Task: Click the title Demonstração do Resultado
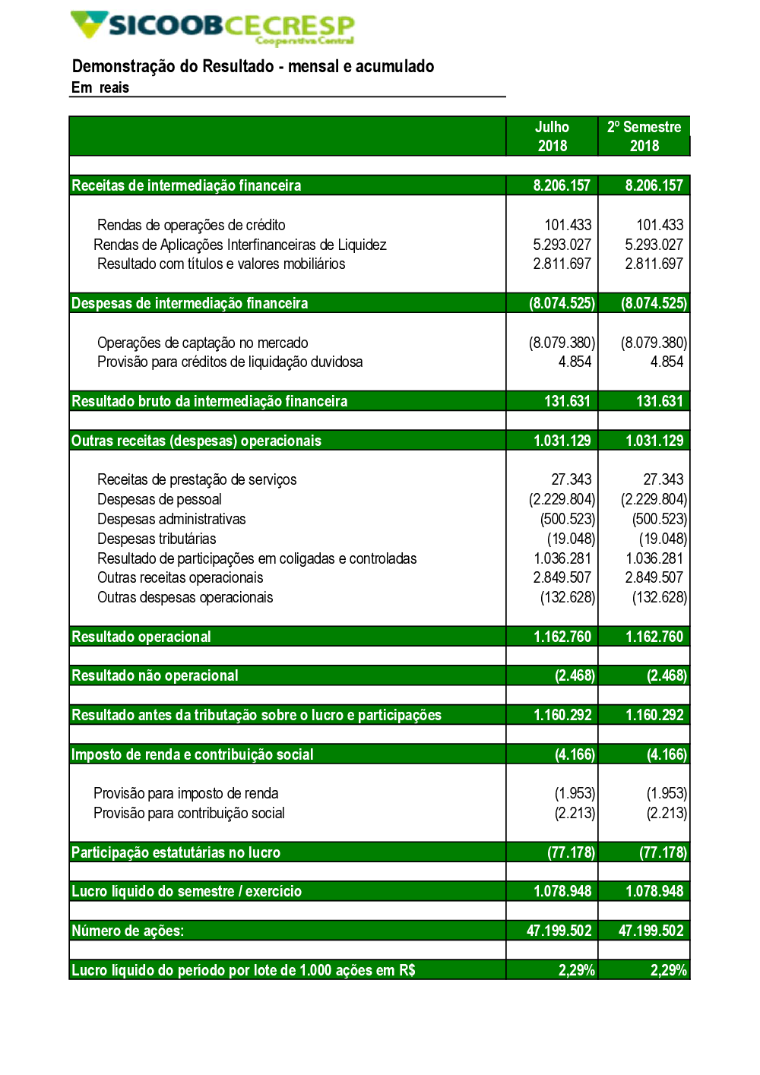252,67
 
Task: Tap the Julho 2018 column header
552,137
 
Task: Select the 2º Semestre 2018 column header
644,137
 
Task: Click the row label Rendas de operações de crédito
192,225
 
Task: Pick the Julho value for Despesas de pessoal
562,500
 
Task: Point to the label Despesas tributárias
157,539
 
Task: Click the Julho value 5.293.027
562,245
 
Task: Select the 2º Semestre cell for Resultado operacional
654,637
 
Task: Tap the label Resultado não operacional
155,676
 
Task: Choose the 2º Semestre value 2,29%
668,970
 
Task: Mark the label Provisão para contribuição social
189,813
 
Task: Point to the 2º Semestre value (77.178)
662,852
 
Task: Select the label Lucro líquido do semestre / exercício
187,891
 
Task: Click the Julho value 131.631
567,401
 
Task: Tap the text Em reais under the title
100,88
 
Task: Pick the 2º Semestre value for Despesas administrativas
659,520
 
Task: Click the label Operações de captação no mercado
203,343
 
